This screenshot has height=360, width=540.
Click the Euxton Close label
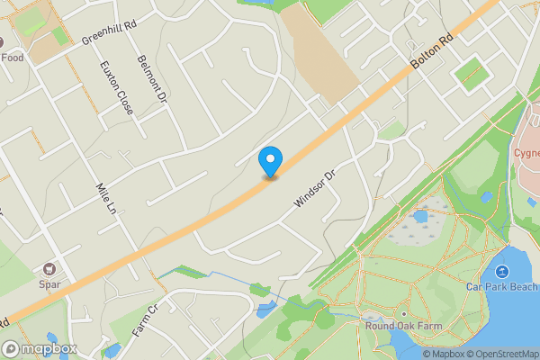(x=117, y=87)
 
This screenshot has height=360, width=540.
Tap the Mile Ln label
(x=107, y=200)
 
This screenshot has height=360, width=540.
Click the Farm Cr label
(x=145, y=320)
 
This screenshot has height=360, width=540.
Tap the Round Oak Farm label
(x=401, y=326)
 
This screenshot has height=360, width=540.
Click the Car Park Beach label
(x=501, y=286)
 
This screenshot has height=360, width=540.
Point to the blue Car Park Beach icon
(x=501, y=270)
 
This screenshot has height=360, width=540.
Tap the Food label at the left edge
(x=11, y=58)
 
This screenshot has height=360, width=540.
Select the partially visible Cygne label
(x=526, y=152)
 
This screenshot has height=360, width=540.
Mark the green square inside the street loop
(x=471, y=73)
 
